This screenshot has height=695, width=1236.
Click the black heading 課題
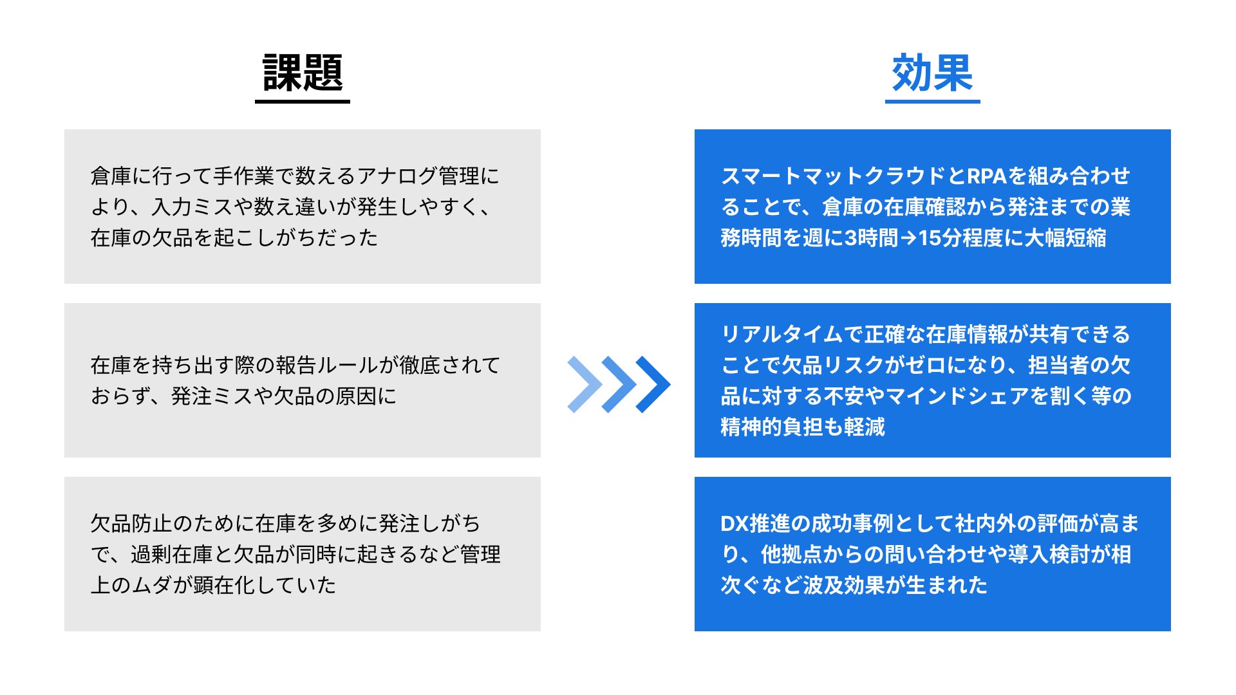[x=303, y=73]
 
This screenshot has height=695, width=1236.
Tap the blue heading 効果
[x=932, y=73]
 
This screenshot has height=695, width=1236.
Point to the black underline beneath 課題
[x=303, y=101]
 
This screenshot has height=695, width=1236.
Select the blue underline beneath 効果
[x=932, y=101]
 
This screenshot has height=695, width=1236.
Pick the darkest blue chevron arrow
[x=653, y=384]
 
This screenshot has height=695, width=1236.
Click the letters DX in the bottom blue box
[x=735, y=524]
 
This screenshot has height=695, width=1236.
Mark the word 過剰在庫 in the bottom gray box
[x=171, y=554]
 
